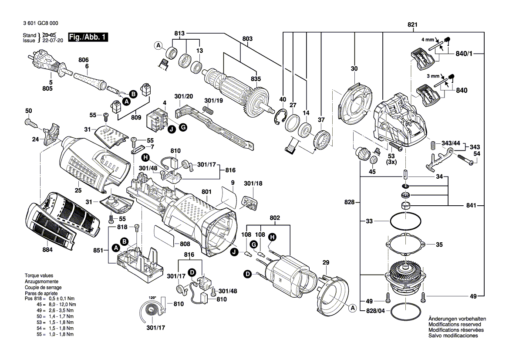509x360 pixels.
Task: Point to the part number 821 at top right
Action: [412, 25]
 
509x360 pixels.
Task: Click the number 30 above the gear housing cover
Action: [354, 68]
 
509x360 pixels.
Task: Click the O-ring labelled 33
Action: [405, 221]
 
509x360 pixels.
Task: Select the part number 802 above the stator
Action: [275, 217]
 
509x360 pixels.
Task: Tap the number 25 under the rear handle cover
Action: [78, 190]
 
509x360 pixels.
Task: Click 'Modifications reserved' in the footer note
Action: [455, 325]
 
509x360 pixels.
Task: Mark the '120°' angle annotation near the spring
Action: [152, 297]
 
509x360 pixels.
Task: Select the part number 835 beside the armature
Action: [256, 79]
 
